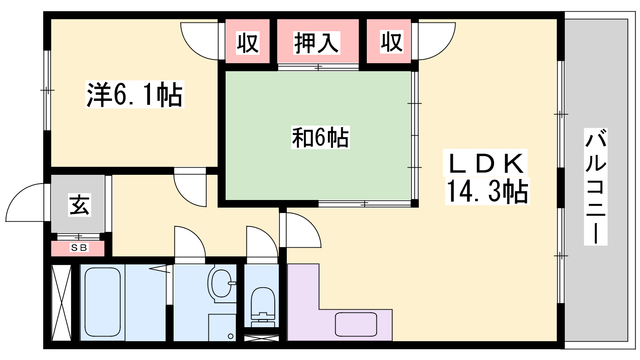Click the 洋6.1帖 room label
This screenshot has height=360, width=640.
[x=134, y=94]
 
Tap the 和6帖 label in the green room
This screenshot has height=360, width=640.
[x=320, y=138]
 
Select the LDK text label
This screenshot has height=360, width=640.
[x=485, y=163]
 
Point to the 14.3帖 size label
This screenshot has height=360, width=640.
[x=487, y=191]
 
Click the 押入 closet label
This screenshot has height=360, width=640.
[x=317, y=43]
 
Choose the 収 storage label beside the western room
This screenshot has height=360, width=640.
[x=248, y=43]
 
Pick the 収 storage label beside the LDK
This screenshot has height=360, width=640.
[x=392, y=42]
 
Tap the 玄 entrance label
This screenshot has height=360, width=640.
[x=80, y=205]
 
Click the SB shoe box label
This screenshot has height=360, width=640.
[x=79, y=248]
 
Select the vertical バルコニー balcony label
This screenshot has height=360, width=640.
[x=596, y=187]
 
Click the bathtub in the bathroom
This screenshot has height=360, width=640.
[x=102, y=302]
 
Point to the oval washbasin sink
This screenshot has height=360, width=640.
[x=220, y=282]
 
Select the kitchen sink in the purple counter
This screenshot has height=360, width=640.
[x=356, y=324]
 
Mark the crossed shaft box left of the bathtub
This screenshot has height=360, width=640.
[x=61, y=302]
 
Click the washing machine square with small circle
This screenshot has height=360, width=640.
[x=222, y=328]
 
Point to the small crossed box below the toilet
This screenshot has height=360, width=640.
[x=262, y=338]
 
